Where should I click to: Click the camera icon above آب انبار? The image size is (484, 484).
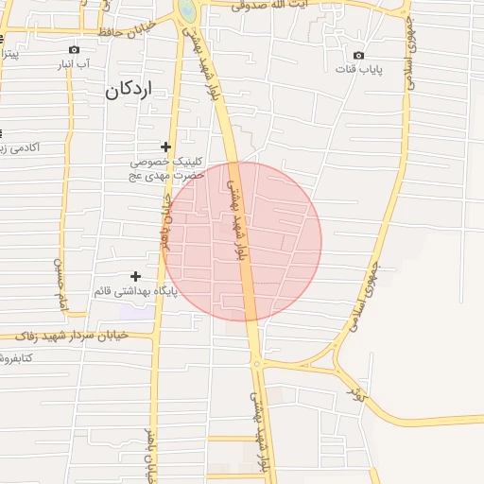point(74,49)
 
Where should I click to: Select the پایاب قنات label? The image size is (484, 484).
point(358,69)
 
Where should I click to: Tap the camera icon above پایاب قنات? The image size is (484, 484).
point(357,54)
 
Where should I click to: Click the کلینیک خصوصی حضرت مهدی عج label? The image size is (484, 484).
point(165,169)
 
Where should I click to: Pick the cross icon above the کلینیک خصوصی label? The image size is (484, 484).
point(165,147)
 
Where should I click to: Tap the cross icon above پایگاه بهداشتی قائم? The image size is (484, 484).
point(135,276)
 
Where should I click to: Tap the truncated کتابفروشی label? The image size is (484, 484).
point(17,357)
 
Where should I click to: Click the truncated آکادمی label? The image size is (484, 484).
point(16,148)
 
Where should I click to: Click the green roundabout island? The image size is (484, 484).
point(187,9)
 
